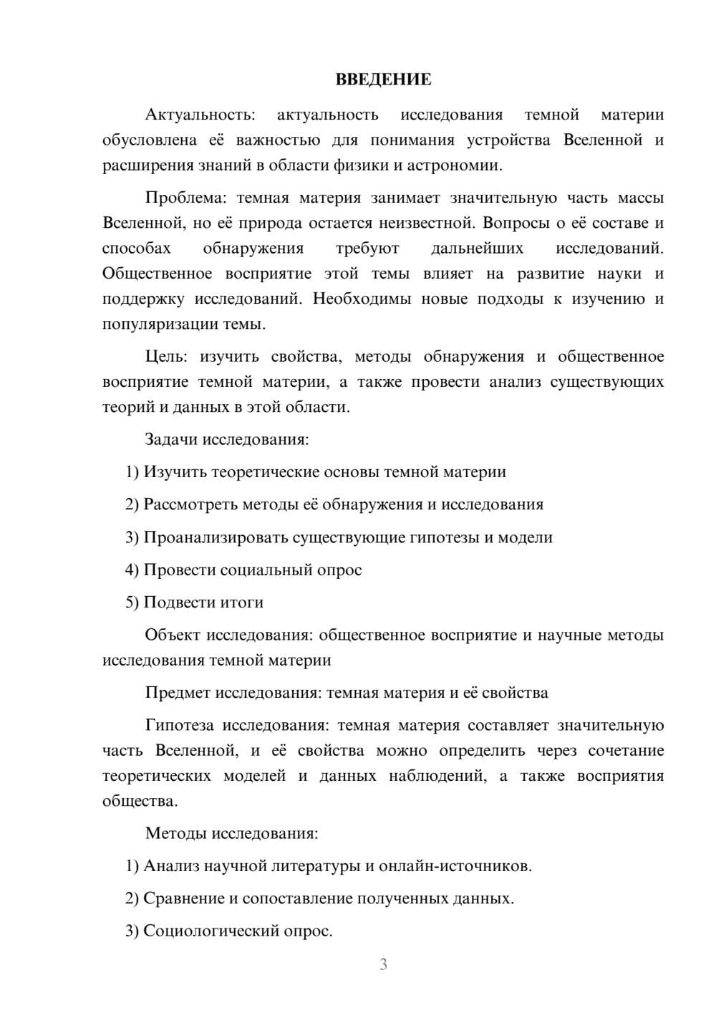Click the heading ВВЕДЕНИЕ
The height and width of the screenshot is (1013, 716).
click(x=383, y=80)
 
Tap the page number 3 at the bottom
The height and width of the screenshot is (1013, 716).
click(x=383, y=964)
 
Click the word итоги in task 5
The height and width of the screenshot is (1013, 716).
click(x=243, y=602)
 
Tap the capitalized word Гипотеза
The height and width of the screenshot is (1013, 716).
click(x=179, y=726)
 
